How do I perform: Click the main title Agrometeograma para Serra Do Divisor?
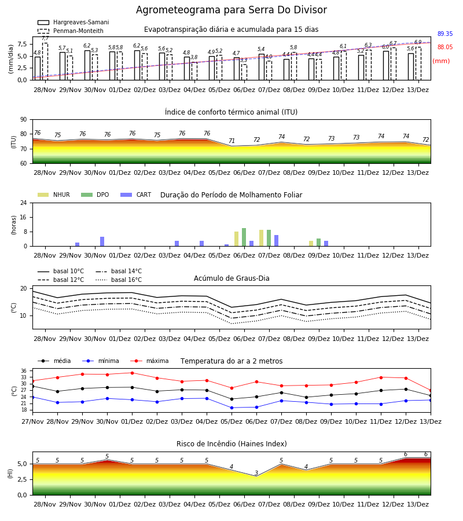231,10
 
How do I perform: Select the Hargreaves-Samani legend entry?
73,22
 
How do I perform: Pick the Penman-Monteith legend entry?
71,31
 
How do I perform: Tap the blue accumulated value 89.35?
444,34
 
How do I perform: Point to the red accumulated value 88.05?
444,47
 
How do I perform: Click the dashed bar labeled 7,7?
45,61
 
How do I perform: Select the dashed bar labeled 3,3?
244,72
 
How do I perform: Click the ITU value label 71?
231,141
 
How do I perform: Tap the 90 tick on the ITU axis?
24,120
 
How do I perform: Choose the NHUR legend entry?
54,195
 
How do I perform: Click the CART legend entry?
136,195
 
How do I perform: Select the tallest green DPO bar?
244,237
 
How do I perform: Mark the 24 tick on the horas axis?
24,203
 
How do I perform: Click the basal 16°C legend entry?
119,280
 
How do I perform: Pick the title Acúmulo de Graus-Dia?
231,278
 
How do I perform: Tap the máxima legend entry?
149,361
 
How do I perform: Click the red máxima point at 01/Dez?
132,373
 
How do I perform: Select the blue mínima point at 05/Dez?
231,408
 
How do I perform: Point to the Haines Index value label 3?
256,473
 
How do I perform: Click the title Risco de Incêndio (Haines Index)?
231,444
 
